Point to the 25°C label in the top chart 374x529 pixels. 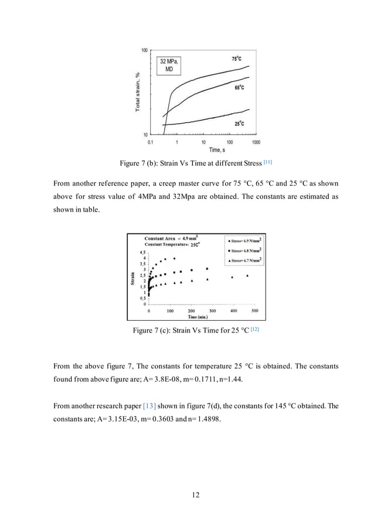239,124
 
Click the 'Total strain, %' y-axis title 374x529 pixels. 138,91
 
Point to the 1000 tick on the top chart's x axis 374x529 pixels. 256,142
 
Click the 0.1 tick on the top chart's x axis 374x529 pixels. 151,142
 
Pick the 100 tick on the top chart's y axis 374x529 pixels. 144,50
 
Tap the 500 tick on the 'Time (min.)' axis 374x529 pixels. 254,311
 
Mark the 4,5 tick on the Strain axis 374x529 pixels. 141,252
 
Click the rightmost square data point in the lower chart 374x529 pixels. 207,269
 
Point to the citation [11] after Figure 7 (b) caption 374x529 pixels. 268,161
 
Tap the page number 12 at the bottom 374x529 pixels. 196,495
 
